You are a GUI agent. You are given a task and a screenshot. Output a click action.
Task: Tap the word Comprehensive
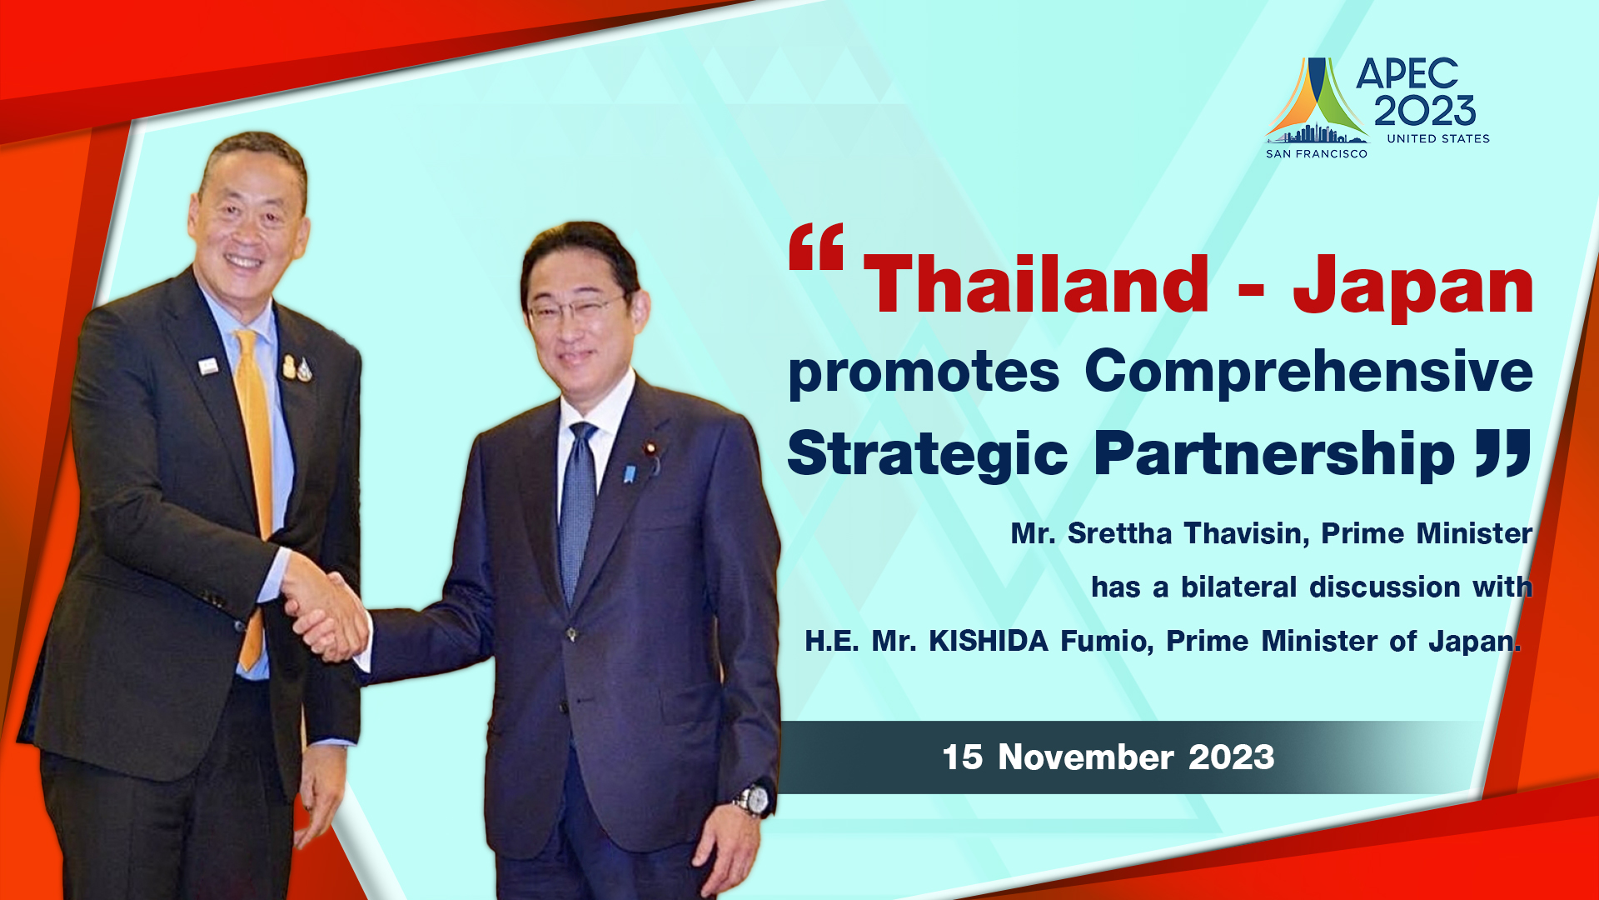1308,372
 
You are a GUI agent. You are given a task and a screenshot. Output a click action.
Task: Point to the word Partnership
1274,455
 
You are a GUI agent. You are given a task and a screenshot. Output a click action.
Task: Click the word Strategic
927,455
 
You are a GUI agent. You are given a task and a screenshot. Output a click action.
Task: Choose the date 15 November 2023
1108,757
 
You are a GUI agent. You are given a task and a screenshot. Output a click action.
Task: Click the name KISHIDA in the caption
989,641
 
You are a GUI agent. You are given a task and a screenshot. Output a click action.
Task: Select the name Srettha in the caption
1120,532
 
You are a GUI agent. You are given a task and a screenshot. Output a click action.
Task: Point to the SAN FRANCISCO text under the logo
1317,153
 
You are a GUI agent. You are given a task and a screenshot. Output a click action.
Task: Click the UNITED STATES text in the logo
1438,138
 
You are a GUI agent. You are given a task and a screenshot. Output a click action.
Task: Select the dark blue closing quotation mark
1503,453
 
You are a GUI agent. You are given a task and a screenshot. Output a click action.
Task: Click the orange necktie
255,492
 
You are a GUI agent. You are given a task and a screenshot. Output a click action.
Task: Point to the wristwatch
753,800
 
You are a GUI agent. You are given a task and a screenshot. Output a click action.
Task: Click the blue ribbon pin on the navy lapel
630,473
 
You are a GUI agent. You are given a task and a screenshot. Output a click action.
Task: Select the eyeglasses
575,309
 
